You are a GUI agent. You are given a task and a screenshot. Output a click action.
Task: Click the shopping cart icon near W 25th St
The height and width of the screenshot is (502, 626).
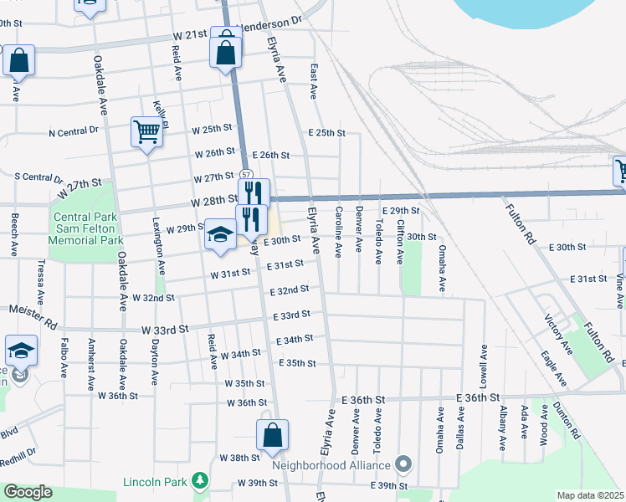coord(146,131)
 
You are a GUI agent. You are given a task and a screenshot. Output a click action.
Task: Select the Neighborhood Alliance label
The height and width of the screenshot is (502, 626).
coord(331,465)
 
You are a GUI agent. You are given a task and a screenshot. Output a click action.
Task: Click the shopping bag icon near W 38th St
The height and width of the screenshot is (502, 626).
coord(272,435)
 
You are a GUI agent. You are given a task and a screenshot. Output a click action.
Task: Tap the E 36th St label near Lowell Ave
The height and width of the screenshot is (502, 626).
coord(478,397)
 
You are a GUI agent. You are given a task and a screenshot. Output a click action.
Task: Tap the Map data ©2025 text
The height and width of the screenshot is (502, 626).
coord(589,495)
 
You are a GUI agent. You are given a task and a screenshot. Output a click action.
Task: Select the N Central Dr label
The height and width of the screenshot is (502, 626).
coord(74,132)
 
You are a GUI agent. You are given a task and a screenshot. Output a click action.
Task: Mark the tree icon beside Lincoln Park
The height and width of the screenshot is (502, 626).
coord(199,480)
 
